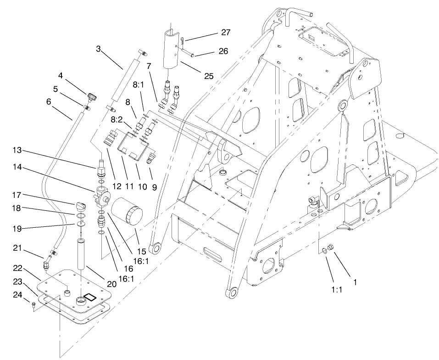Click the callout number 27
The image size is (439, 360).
pyautogui.click(x=225, y=33)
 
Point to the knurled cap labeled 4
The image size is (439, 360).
pyautogui.click(x=91, y=96)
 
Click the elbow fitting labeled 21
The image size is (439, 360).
pyautogui.click(x=48, y=264)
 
